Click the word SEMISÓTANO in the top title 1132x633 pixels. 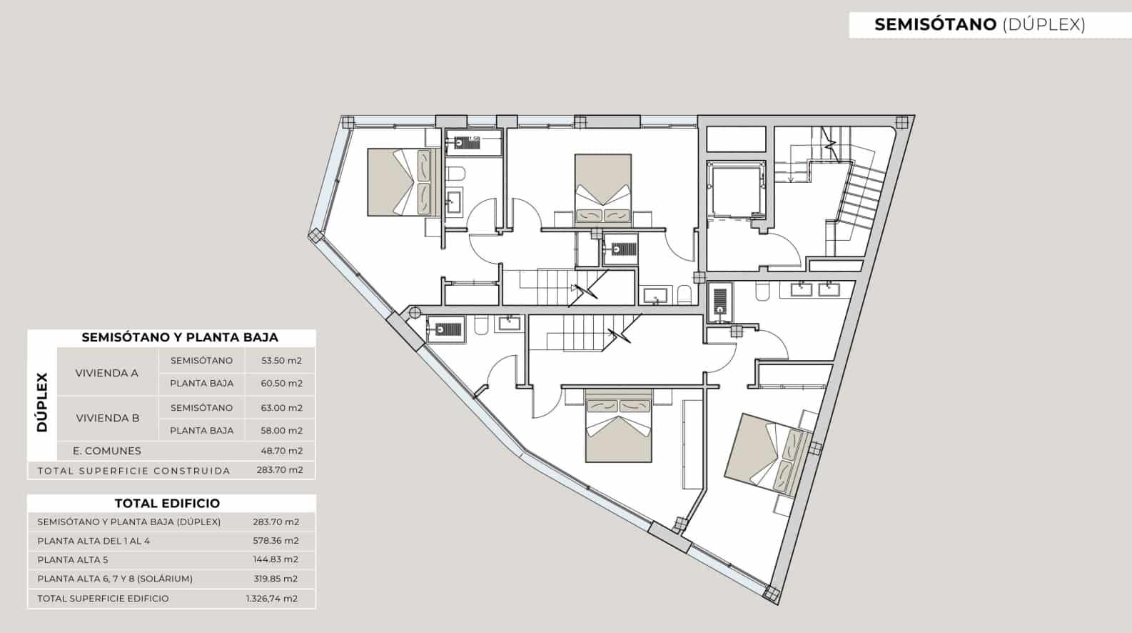click(x=935, y=24)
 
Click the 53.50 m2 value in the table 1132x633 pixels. click(x=281, y=361)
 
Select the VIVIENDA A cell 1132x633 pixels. click(x=106, y=373)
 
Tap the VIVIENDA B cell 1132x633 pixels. click(x=108, y=418)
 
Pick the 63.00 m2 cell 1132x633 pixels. click(x=281, y=408)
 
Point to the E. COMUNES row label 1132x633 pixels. click(x=106, y=451)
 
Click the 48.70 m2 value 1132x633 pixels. click(x=281, y=451)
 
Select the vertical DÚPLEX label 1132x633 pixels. click(x=42, y=403)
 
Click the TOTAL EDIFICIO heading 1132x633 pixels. click(x=167, y=503)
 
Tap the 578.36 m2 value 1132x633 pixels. click(x=276, y=541)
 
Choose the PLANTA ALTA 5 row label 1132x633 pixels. click(x=73, y=559)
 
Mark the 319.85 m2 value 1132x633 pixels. click(x=276, y=579)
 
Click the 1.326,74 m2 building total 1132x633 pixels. click(x=272, y=599)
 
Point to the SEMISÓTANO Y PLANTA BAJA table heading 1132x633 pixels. click(x=180, y=337)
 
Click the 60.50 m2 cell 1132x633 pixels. click(x=281, y=384)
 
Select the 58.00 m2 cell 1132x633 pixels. click(x=281, y=431)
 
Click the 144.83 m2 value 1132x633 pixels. click(x=276, y=559)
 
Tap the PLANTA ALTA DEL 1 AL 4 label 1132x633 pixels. click(x=94, y=541)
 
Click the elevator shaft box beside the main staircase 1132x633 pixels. click(x=736, y=191)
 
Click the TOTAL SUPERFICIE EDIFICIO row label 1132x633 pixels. click(x=103, y=599)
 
